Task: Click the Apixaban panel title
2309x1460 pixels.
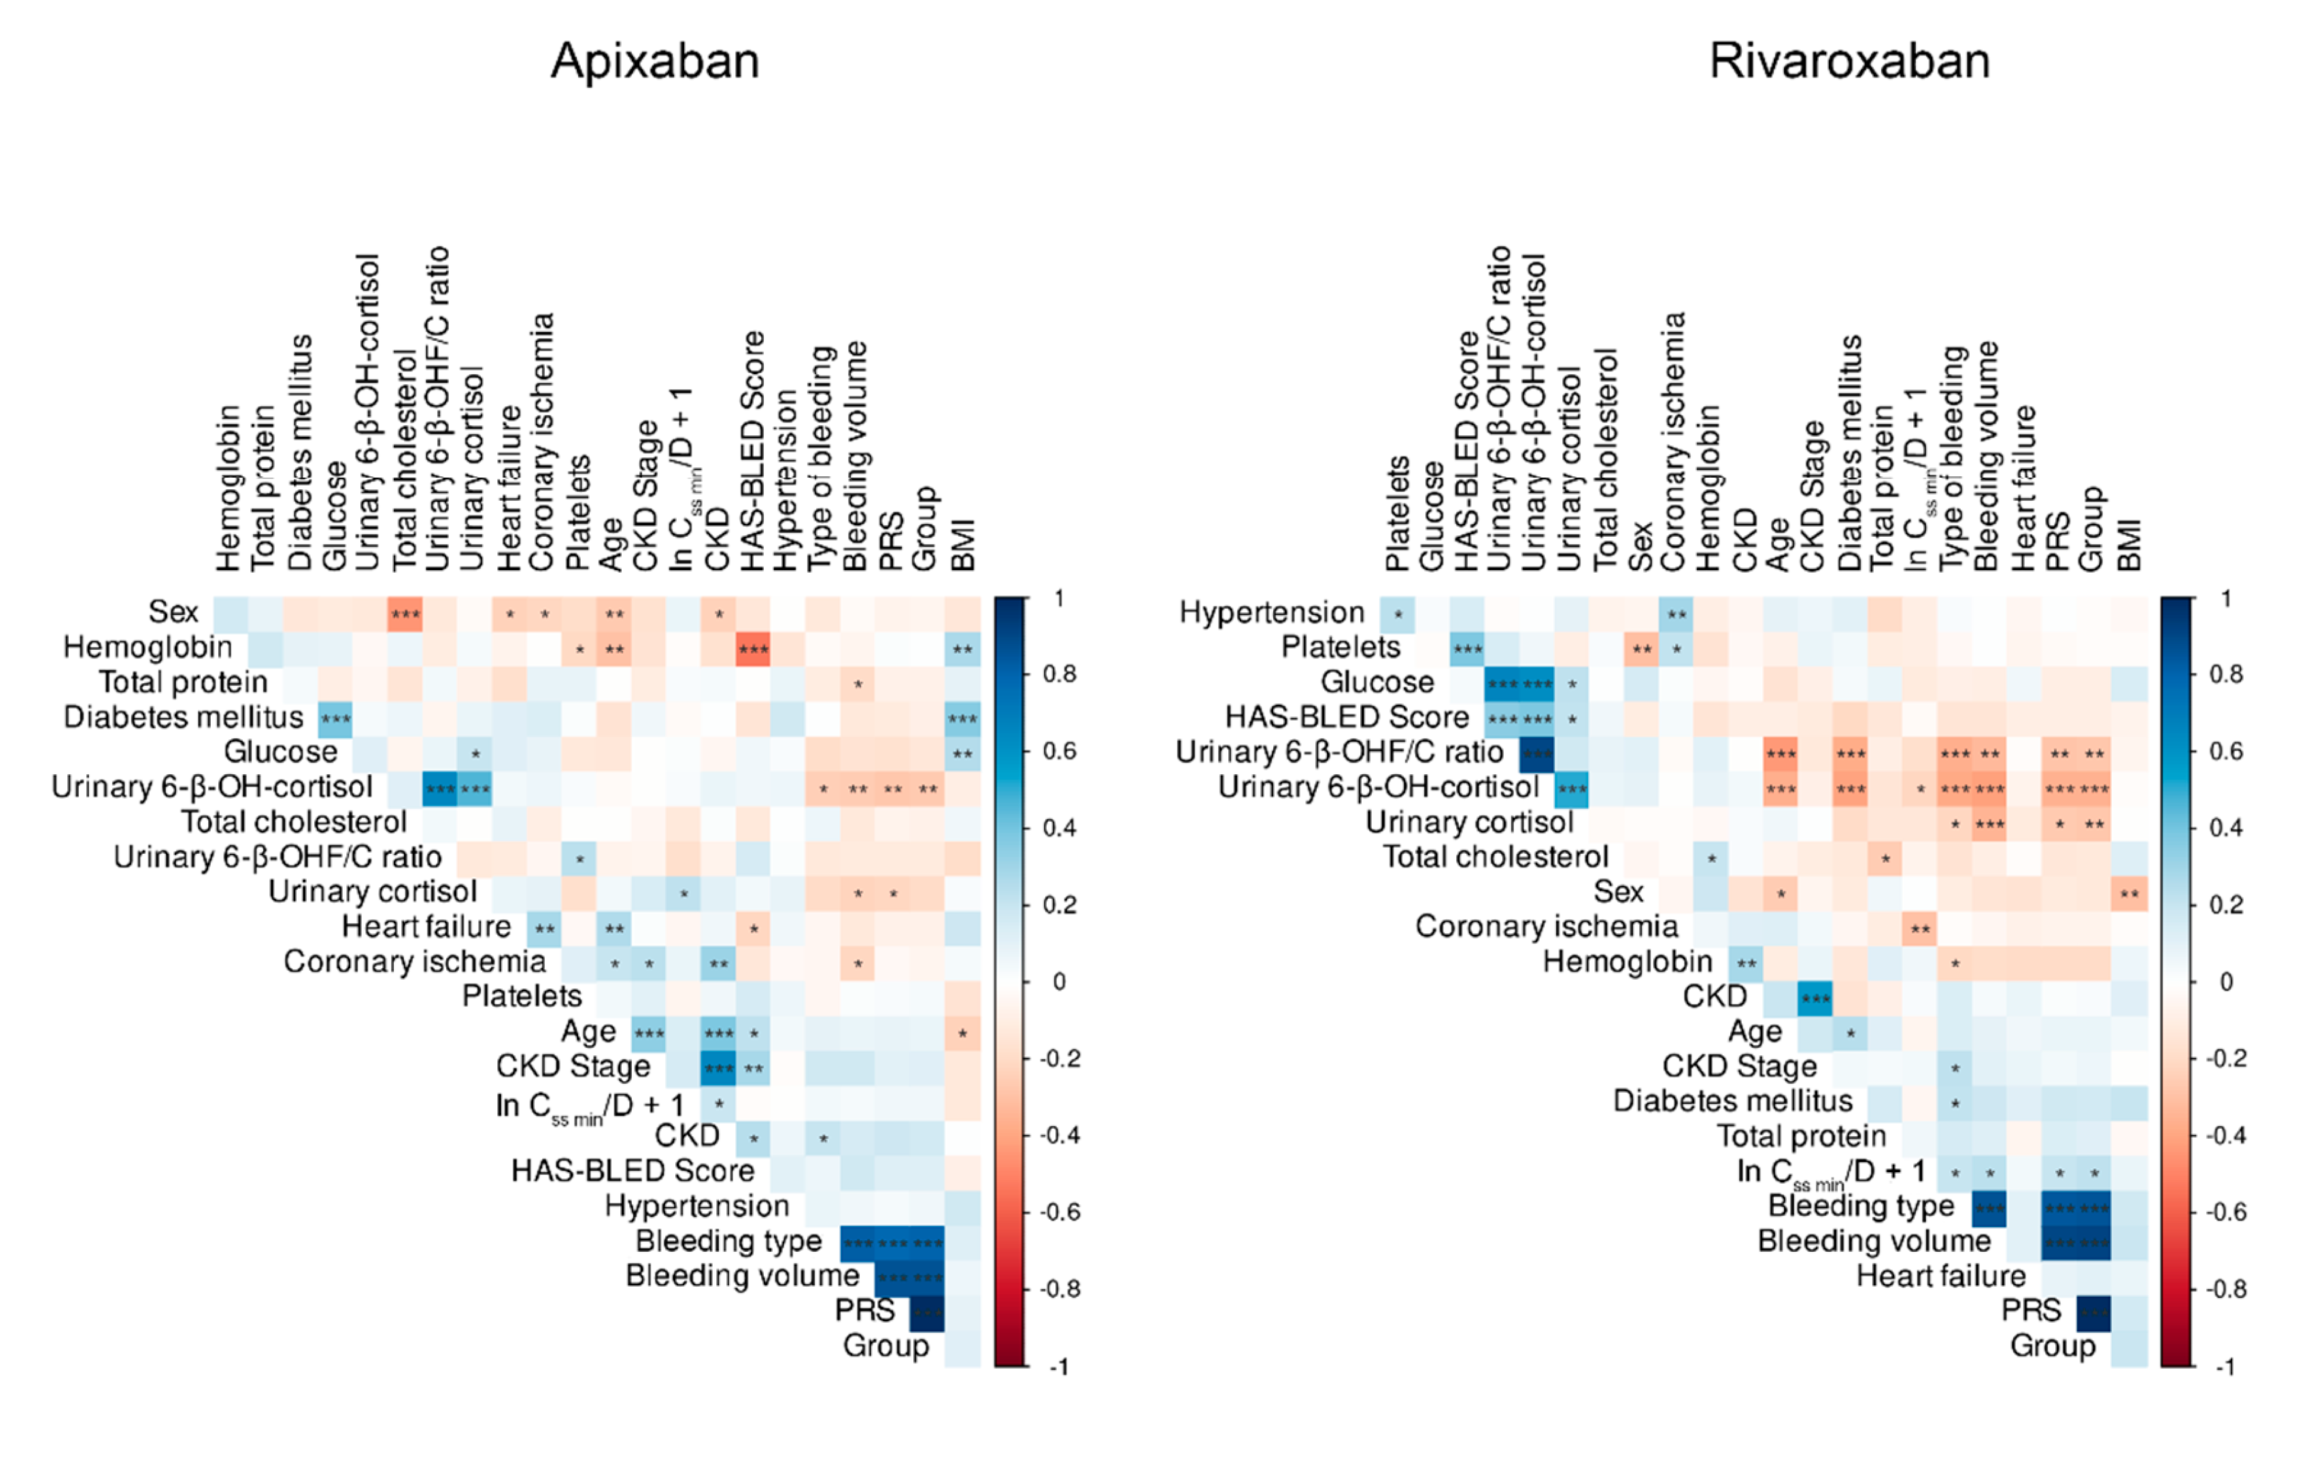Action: pos(655,61)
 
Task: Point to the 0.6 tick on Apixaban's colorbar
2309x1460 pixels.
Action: pos(1059,751)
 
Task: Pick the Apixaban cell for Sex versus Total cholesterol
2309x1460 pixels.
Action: pos(405,614)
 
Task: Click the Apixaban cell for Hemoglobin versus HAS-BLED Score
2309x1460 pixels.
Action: pos(753,650)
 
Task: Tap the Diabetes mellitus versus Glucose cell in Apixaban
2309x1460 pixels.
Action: pos(335,718)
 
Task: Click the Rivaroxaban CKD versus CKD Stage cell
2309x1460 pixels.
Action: pos(1815,997)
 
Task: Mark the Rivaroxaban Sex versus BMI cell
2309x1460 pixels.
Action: pos(2129,894)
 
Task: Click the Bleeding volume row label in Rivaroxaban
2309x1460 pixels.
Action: pos(1874,1242)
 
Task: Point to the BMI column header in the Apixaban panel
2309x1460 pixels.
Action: pos(963,545)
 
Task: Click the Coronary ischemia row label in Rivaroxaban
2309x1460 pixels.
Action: pos(1546,927)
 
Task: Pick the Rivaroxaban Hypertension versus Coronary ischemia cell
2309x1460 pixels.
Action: pos(1675,614)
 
